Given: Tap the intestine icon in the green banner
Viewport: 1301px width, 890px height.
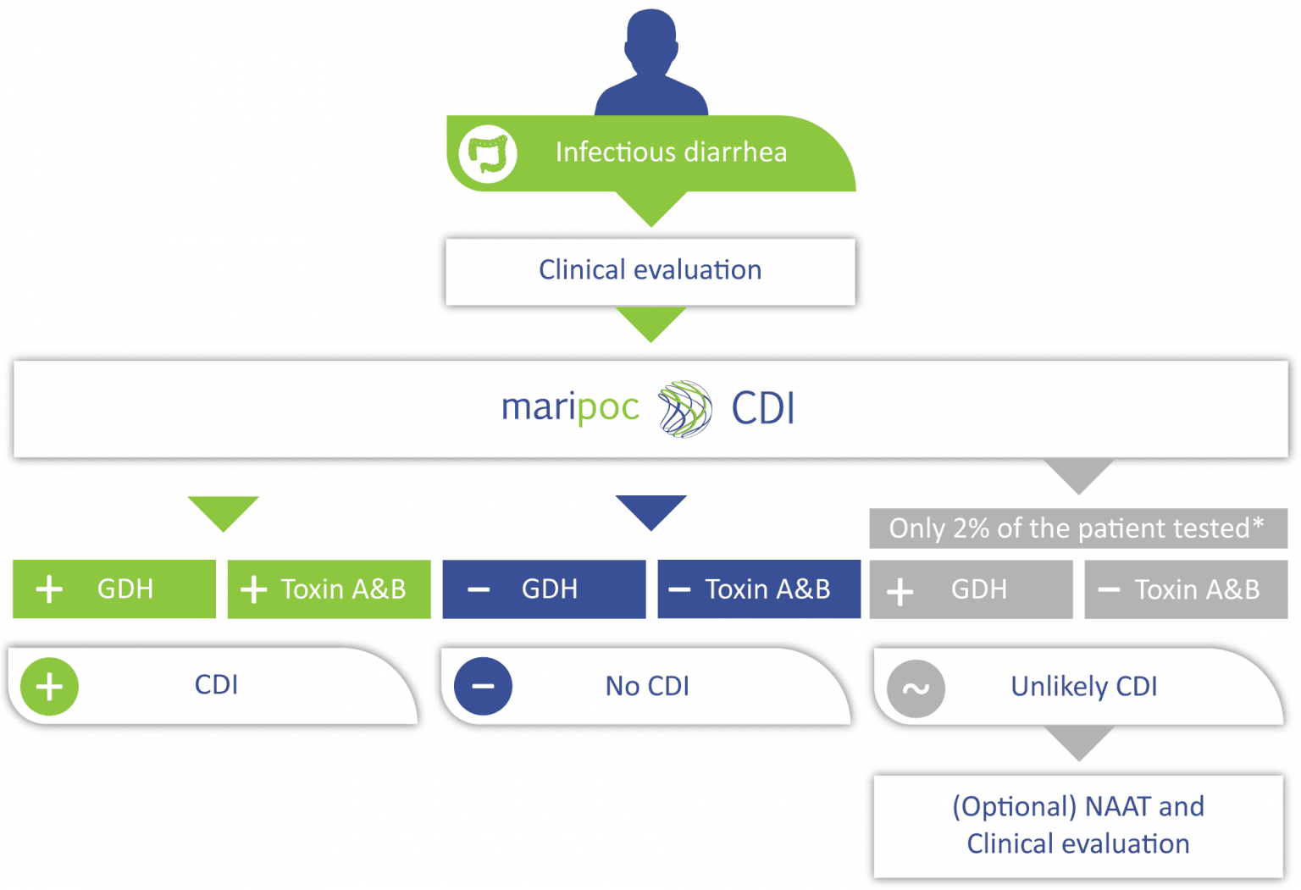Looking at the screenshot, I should pyautogui.click(x=488, y=153).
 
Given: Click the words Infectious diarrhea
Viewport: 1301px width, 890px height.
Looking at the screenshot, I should pyautogui.click(x=671, y=152).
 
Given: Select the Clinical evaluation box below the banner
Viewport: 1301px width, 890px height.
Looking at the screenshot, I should pyautogui.click(x=650, y=271).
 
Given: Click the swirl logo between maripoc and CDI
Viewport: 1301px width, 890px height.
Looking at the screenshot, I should pyautogui.click(x=684, y=409).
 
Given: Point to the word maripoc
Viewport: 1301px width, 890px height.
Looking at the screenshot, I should pyautogui.click(x=570, y=408).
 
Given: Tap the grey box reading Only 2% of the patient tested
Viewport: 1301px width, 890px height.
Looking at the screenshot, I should pyautogui.click(x=1077, y=528).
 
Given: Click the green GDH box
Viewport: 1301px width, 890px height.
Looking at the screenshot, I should pyautogui.click(x=114, y=589).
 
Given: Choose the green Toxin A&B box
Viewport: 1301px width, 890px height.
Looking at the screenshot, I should pyautogui.click(x=329, y=589).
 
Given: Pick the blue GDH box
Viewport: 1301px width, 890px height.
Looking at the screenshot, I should pyautogui.click(x=544, y=589).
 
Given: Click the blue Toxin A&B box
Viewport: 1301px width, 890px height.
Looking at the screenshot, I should pyautogui.click(x=759, y=589).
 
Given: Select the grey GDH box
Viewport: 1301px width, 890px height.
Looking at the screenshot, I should pyautogui.click(x=971, y=589).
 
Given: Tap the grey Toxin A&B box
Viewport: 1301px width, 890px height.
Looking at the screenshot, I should pyautogui.click(x=1186, y=589).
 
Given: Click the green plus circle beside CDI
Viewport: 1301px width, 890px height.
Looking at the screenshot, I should pyautogui.click(x=49, y=687).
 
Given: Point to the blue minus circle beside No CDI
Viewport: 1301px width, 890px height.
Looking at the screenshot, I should pyautogui.click(x=483, y=687).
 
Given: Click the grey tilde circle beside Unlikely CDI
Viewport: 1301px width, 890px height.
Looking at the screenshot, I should pyautogui.click(x=916, y=688).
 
